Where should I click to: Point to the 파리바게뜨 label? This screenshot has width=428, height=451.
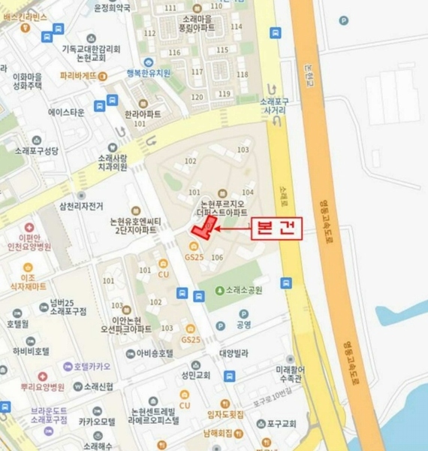pos(79,76)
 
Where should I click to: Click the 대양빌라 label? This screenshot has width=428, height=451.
pos(234,353)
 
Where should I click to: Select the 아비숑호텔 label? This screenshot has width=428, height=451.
pos(154,353)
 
